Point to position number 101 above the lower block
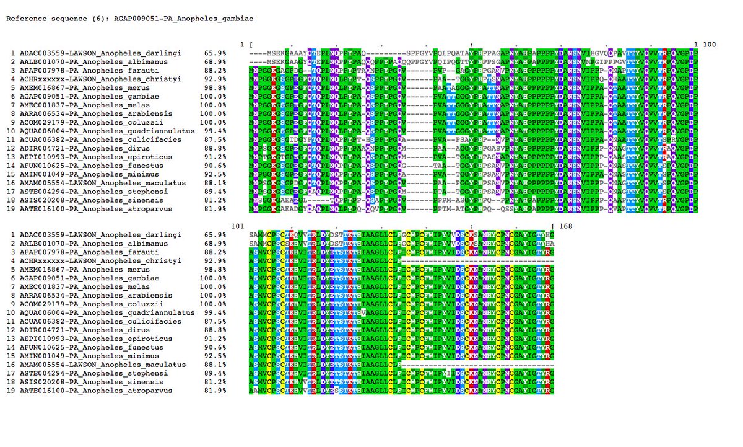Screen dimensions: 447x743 point(238,226)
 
